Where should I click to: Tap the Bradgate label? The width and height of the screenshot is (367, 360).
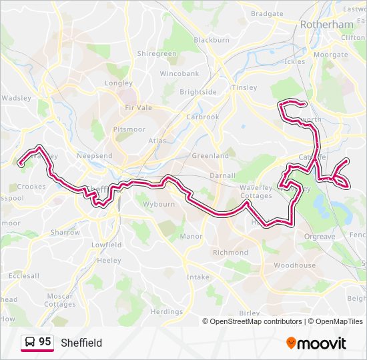267,13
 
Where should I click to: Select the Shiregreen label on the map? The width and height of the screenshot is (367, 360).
156,53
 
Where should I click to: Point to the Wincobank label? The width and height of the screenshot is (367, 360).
179,73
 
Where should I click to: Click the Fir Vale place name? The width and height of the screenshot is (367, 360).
139,107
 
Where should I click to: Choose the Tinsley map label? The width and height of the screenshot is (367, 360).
244,88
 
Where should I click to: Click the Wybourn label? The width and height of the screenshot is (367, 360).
159,204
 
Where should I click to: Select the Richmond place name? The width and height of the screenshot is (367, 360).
230,253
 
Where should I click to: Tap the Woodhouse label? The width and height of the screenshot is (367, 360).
294,265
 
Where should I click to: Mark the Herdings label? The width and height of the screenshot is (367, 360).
166,311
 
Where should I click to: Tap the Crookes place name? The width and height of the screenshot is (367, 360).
31,187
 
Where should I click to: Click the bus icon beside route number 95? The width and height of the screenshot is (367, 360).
30,343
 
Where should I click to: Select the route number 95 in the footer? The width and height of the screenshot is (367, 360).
45,342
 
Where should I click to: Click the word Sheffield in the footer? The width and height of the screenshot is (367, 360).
81,343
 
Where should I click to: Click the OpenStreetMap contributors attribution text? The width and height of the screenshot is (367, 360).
255,321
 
